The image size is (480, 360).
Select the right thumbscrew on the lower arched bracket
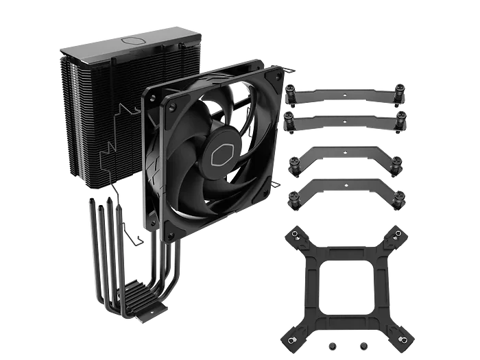click(400, 200)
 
